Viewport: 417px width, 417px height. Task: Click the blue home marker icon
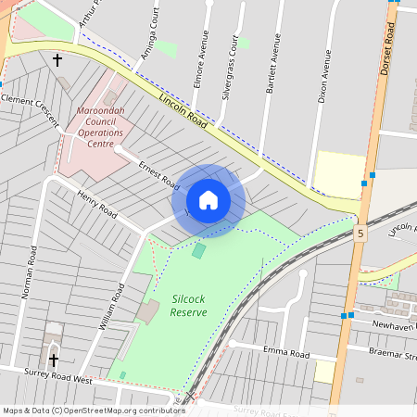(208, 200)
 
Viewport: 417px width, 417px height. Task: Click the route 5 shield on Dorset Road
(359, 236)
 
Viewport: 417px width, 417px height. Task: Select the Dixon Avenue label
(323, 75)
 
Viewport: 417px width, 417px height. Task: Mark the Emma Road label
(285, 353)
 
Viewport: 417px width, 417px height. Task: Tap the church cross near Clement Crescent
(57, 60)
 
